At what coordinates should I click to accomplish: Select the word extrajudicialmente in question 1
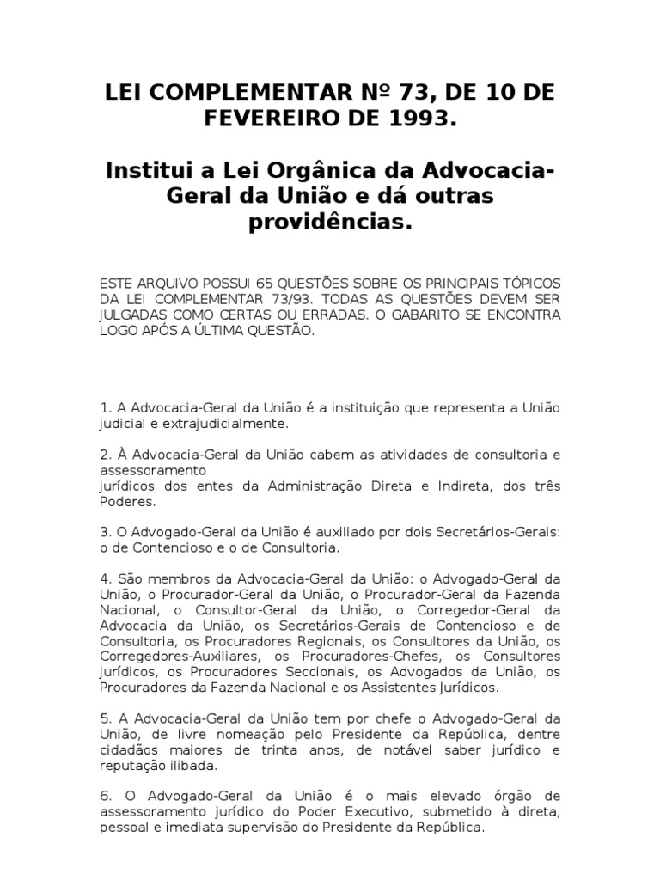click(217, 424)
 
